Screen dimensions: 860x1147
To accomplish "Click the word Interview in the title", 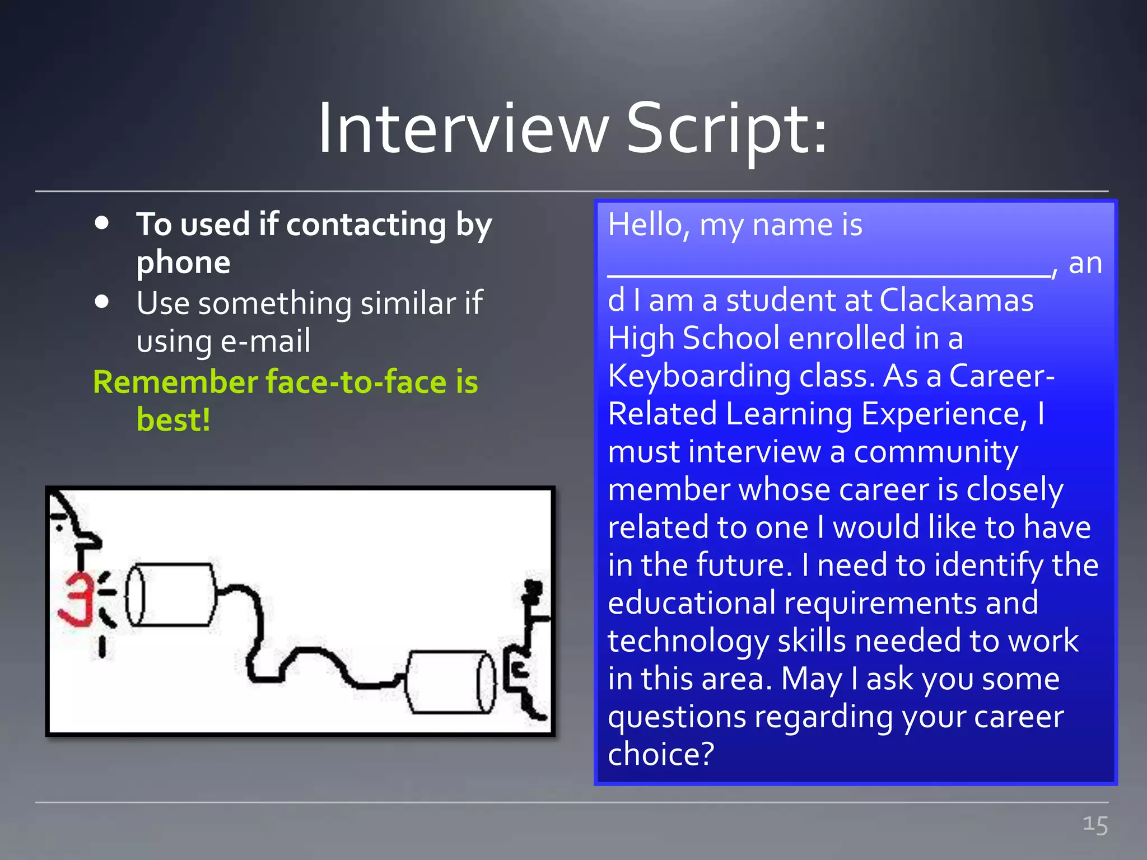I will pos(463,130).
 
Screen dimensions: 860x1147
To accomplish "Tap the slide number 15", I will pos(1095,825).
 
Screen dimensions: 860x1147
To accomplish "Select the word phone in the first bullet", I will pos(183,263).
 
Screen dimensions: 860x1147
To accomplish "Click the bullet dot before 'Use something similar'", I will pos(102,302).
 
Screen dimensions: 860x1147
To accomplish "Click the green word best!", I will pos(174,420).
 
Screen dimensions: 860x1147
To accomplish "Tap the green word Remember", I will pos(175,382).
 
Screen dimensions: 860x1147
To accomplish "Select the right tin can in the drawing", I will pos(451,681).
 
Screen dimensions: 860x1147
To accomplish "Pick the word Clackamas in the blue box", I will pos(956,301).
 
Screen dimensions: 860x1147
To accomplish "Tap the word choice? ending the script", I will pos(661,755).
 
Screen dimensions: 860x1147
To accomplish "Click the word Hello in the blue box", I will pos(644,225).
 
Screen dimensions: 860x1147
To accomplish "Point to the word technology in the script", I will pos(688,641).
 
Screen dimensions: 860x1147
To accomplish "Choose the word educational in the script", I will pos(691,603).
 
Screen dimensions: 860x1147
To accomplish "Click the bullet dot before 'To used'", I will pos(102,223).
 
